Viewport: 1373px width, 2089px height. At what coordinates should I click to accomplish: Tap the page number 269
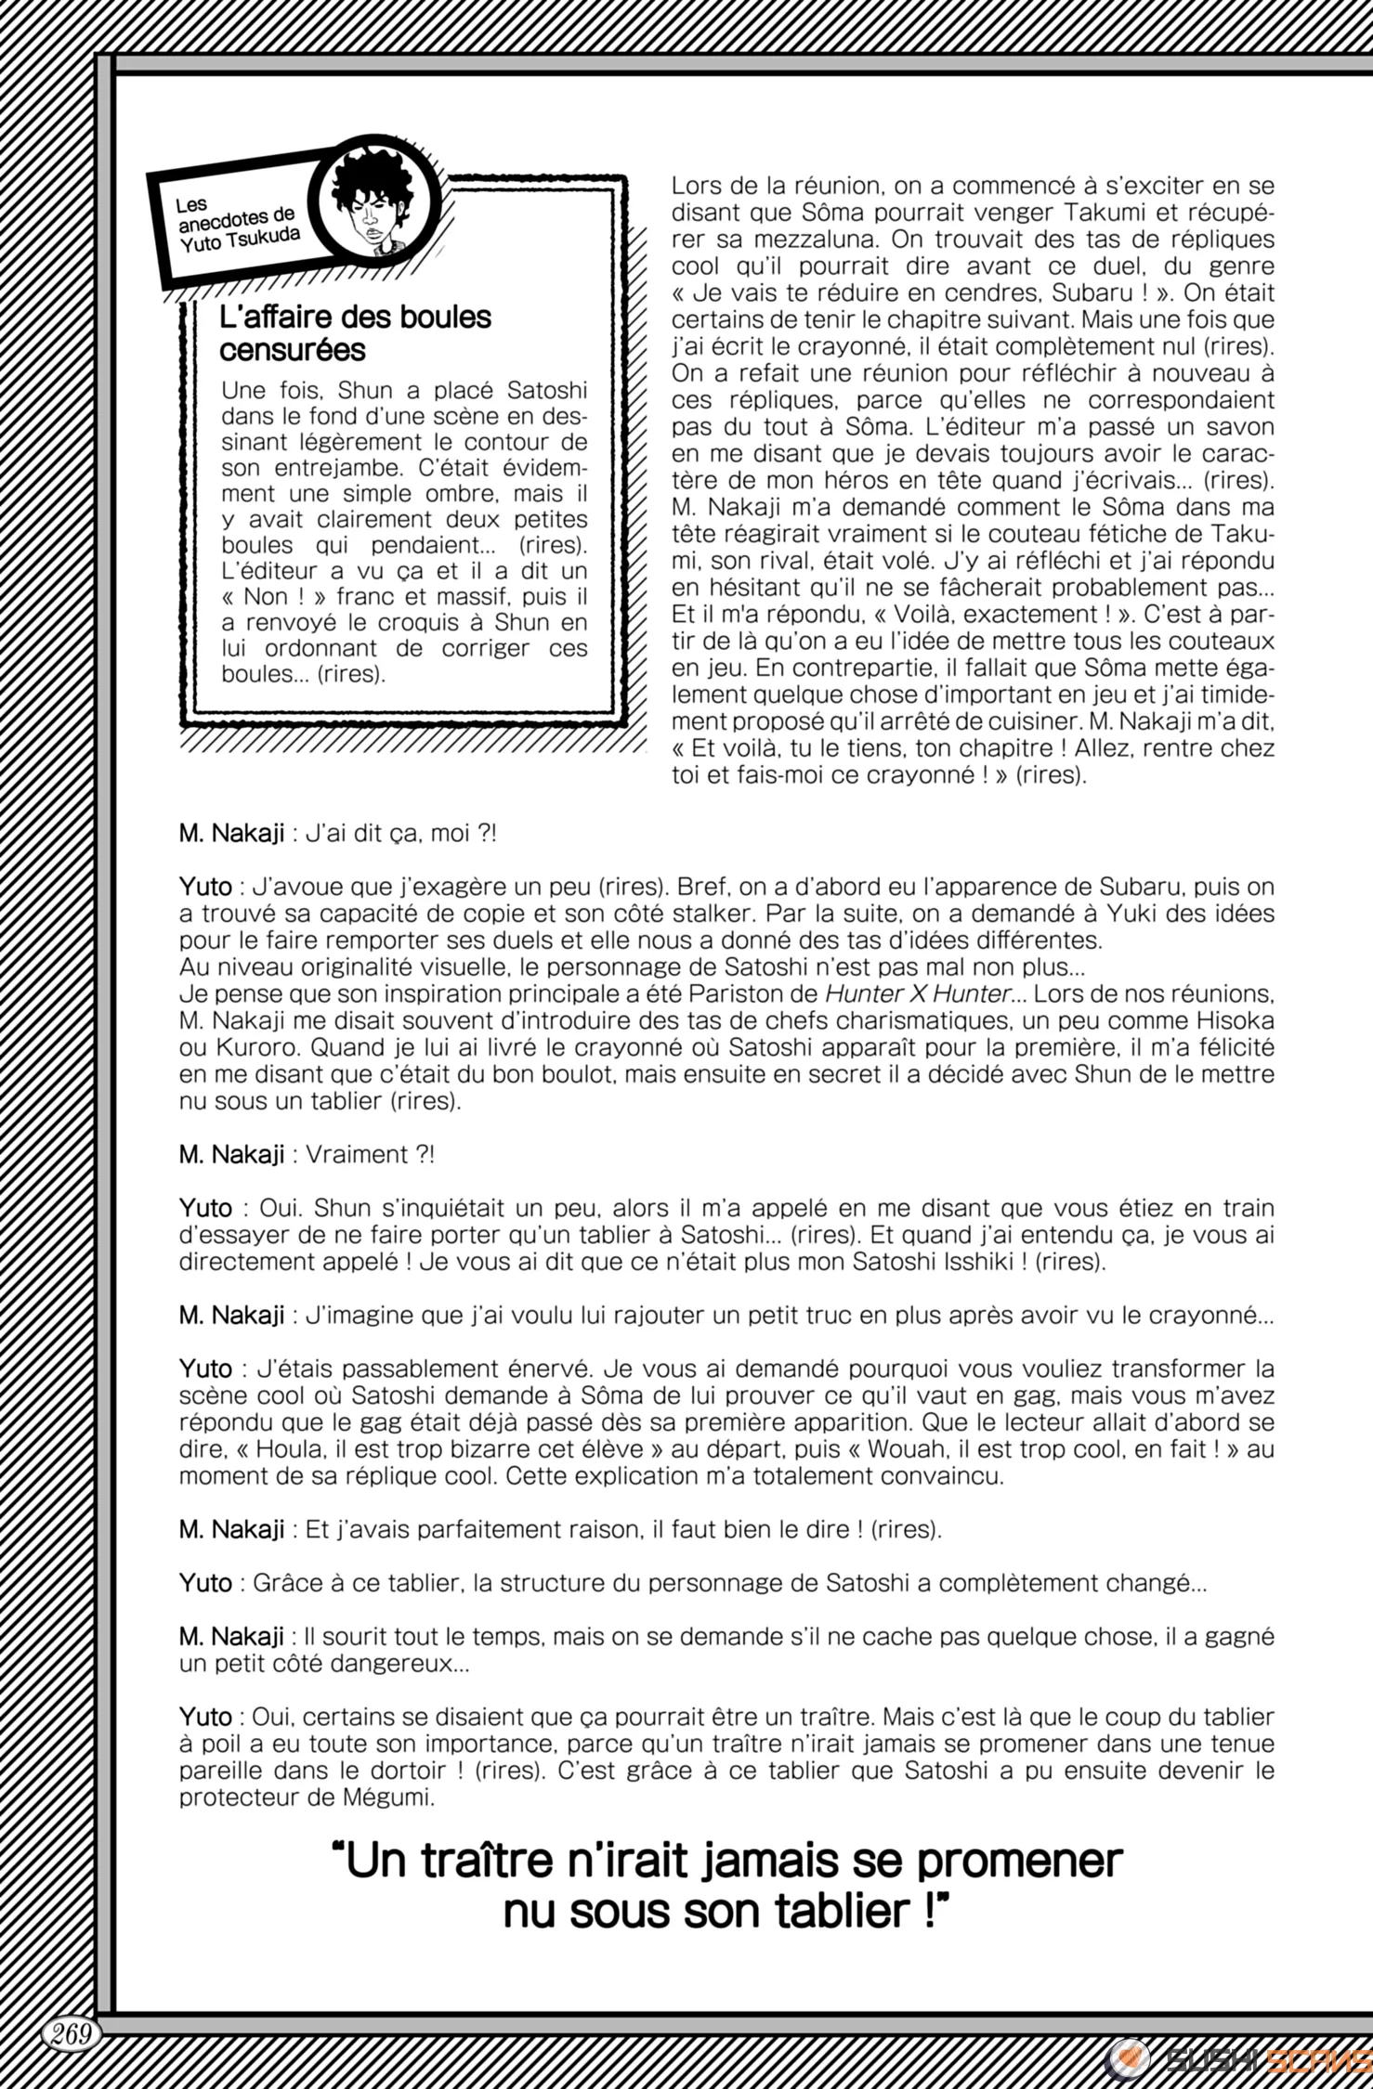coord(71,2034)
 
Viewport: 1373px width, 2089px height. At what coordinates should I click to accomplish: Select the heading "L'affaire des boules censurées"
coord(355,333)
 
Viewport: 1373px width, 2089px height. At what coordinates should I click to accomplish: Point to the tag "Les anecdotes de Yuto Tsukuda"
coord(238,228)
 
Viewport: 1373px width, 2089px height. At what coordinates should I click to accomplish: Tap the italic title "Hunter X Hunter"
coord(917,993)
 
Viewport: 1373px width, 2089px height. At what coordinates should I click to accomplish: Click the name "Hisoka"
coord(1233,1020)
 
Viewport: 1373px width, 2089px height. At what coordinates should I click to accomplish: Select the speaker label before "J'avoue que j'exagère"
coord(205,887)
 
